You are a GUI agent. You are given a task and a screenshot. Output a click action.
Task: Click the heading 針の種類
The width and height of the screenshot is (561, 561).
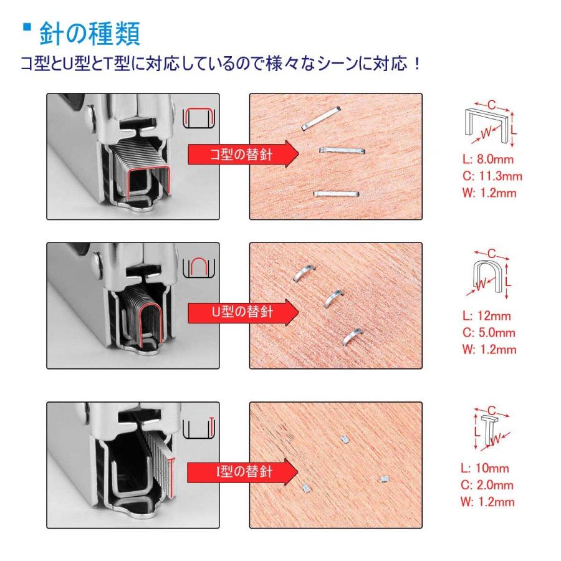(x=89, y=34)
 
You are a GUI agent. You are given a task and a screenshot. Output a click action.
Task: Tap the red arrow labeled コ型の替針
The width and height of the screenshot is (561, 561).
(x=243, y=154)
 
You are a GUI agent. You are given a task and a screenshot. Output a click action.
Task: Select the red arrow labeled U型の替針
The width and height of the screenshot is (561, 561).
(x=243, y=312)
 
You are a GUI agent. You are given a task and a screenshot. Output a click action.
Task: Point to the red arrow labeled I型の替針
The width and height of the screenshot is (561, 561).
(x=242, y=472)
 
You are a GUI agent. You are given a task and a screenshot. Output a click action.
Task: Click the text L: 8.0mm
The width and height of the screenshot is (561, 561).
(x=487, y=159)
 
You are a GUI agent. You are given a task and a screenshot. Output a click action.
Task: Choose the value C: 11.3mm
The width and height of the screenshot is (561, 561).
(x=492, y=176)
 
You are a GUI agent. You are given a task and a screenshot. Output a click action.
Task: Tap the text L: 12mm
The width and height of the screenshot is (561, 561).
(x=486, y=316)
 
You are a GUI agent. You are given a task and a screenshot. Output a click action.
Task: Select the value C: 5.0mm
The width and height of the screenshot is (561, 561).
(x=489, y=333)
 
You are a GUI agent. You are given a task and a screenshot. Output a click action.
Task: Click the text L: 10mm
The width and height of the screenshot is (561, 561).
(x=485, y=468)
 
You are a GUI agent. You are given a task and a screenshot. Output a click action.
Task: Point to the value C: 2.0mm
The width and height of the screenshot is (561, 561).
(x=487, y=485)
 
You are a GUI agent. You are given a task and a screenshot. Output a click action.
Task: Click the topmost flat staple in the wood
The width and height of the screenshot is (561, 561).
(x=320, y=118)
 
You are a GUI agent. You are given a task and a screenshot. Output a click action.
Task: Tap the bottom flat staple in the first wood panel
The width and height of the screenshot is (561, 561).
(x=337, y=194)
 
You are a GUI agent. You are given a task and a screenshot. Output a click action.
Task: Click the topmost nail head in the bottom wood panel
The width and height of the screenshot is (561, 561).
(x=344, y=439)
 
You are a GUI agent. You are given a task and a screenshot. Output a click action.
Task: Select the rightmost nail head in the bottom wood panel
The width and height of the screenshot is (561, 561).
(x=384, y=479)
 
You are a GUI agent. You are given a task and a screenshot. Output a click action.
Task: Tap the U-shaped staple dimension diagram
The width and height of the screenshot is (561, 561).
(x=487, y=274)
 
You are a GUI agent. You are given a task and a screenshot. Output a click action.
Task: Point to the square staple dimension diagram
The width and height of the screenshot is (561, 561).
(x=490, y=123)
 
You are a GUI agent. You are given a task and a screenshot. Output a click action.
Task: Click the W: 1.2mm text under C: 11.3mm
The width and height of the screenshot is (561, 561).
(x=489, y=193)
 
